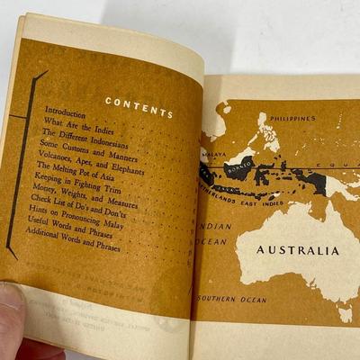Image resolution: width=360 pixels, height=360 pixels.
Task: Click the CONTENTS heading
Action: (139, 108)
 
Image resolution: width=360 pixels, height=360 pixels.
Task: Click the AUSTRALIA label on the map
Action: (298, 250)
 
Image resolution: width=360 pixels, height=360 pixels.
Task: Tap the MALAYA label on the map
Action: (214, 154)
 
